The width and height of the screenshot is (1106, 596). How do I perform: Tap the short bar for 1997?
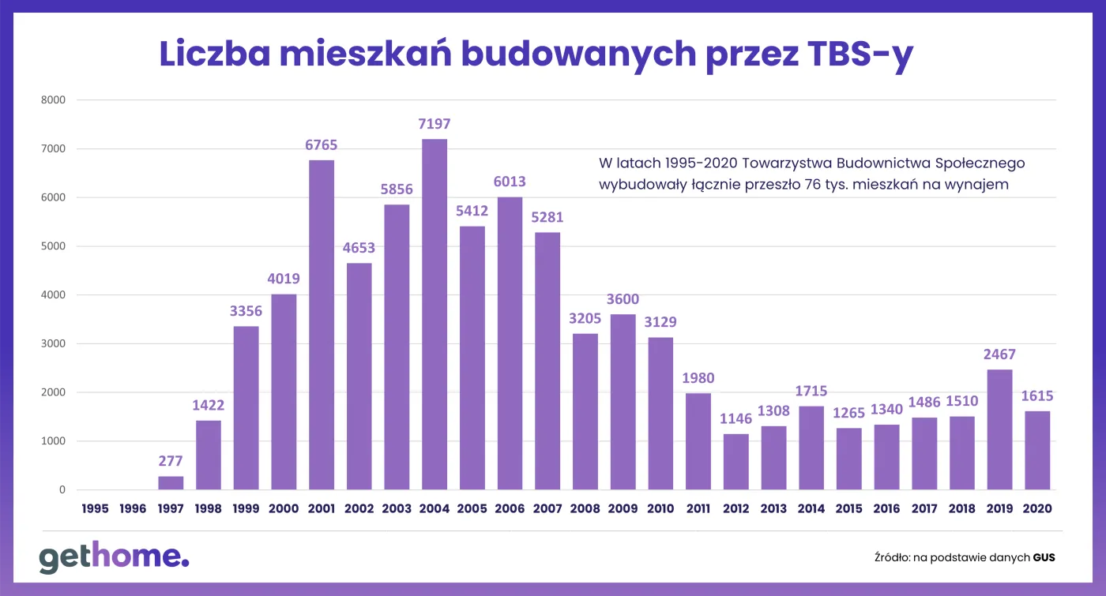tap(171, 482)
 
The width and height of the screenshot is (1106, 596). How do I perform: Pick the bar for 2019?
tap(999, 429)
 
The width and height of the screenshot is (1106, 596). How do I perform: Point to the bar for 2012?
tap(735, 462)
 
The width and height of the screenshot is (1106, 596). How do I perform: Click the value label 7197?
tap(434, 124)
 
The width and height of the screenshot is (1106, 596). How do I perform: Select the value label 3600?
tap(623, 299)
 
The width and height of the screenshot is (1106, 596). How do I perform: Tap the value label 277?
tap(171, 461)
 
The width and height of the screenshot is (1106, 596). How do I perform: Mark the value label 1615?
tap(1036, 396)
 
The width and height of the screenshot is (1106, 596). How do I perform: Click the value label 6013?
tap(510, 182)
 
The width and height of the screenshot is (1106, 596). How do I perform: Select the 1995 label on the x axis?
tap(96, 509)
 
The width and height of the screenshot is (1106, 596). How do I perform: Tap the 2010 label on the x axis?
tap(660, 509)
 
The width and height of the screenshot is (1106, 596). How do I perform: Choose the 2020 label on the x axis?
tap(1036, 509)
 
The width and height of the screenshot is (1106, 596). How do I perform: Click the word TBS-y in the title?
tap(860, 54)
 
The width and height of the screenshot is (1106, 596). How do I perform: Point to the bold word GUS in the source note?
tap(1044, 557)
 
